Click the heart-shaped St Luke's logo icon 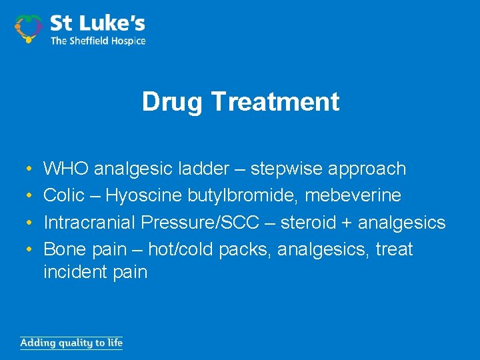click(x=28, y=29)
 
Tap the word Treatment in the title click(x=275, y=102)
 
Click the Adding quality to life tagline click(x=71, y=343)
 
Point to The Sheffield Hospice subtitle click(x=98, y=41)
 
